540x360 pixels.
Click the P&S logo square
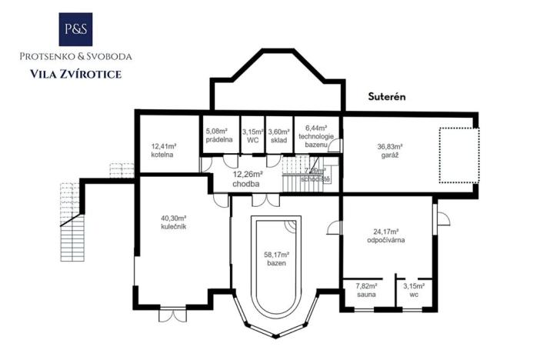76,29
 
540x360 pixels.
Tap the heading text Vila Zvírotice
75,74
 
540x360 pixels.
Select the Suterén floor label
385,98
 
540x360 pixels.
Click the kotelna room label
163,149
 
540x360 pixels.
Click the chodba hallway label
246,179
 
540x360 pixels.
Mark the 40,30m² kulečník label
174,223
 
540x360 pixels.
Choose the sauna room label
367,289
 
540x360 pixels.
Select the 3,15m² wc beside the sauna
414,289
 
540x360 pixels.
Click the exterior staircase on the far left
71,219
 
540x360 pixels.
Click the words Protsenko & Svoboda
75,56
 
